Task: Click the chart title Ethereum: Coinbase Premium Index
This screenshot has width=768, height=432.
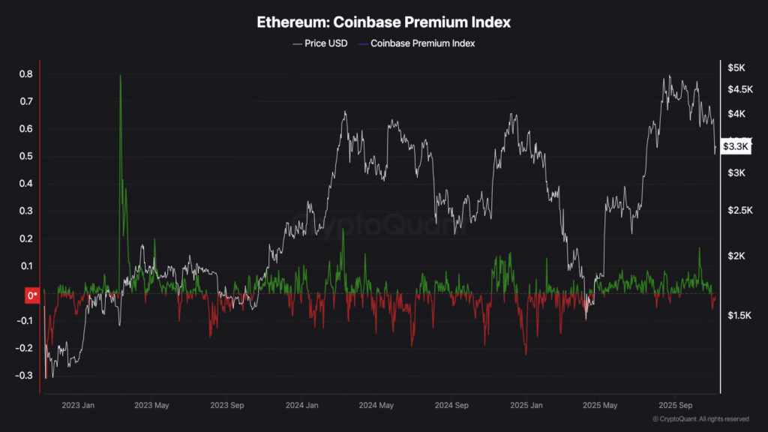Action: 384,22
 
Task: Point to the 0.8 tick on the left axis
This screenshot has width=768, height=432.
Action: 25,74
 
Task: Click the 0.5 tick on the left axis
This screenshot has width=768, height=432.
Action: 25,156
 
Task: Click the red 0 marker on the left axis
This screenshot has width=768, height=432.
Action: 32,295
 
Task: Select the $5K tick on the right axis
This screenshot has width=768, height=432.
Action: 736,68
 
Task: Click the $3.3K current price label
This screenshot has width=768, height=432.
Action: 735,147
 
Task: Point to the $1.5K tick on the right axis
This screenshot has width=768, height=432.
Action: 738,316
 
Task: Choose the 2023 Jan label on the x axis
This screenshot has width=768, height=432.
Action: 79,406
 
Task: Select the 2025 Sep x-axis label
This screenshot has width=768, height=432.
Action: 673,406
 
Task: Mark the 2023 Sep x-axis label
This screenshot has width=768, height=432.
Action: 228,406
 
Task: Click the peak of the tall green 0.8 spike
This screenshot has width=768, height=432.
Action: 120,76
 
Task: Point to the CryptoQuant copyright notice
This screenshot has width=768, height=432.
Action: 700,418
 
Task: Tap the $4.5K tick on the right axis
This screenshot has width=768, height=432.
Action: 738,89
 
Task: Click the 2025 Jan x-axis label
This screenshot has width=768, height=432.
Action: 526,406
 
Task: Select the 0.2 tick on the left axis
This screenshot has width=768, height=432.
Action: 25,238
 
